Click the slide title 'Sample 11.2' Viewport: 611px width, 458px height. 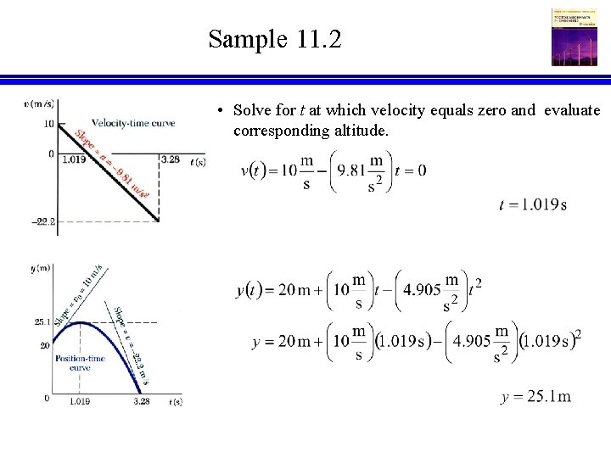pos(275,39)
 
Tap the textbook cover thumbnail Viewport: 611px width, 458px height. pos(575,37)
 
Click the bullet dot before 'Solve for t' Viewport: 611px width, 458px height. pos(220,112)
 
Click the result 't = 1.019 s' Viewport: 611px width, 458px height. pos(533,204)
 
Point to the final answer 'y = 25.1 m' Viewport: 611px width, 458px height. pos(535,397)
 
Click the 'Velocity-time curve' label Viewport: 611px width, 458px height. pos(133,123)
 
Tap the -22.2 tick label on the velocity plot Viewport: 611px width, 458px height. pos(43,222)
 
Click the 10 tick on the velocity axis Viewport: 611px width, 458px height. pos(48,124)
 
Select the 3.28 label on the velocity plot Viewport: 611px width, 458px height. pos(170,159)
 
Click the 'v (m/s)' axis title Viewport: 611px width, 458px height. pos(40,104)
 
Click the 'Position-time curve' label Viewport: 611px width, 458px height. pos(80,363)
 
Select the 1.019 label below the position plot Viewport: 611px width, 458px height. pos(80,401)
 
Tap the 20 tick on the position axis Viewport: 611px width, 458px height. pos(46,345)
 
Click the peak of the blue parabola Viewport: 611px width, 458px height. pos(80,323)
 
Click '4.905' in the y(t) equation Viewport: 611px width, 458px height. pos(422,289)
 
